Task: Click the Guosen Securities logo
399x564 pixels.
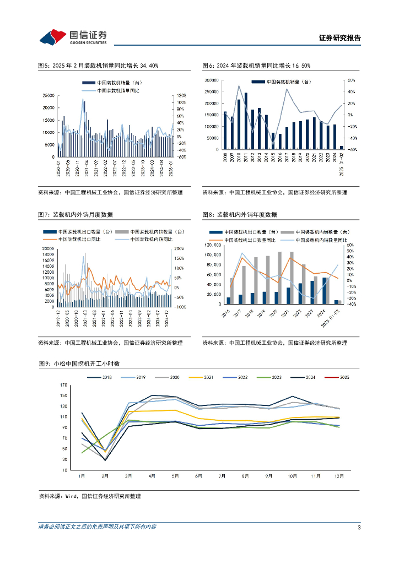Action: coord(73,37)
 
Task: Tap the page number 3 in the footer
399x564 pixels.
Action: coord(359,528)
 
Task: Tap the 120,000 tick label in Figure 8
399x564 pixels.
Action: coord(213,245)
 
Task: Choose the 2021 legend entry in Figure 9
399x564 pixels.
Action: coord(204,377)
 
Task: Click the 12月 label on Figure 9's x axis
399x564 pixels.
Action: coord(339,475)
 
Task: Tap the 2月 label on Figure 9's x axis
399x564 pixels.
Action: coord(105,475)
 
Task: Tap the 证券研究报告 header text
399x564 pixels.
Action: coord(340,38)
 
